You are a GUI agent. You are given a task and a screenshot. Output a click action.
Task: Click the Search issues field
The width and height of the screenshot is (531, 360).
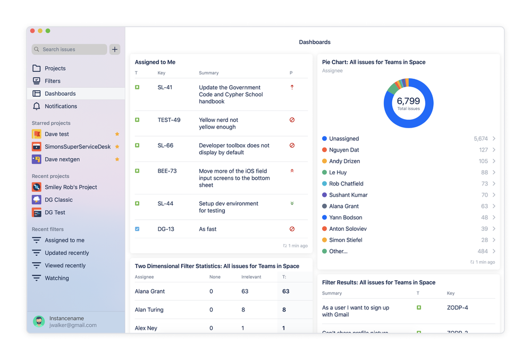tap(69, 49)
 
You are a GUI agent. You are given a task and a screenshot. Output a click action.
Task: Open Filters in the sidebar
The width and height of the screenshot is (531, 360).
tap(52, 81)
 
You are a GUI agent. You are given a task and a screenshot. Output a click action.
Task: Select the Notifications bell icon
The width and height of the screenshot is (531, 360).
tap(37, 106)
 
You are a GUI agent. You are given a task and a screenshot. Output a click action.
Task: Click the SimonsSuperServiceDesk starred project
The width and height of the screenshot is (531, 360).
tap(77, 147)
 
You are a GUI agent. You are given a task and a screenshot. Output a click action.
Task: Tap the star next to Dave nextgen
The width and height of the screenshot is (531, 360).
tap(117, 160)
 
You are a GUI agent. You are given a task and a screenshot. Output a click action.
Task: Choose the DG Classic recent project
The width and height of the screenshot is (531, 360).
tap(58, 200)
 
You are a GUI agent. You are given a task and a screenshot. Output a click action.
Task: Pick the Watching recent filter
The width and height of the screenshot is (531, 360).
tap(56, 278)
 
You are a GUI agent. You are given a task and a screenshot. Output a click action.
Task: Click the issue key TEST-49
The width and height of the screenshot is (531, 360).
tap(168, 120)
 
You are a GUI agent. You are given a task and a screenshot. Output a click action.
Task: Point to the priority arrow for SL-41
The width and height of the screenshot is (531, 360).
tap(292, 87)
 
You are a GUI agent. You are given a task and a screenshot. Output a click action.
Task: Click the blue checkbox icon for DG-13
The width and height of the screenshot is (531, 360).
tap(137, 229)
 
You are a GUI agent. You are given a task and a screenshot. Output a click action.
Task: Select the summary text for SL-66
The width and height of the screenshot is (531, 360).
tap(234, 149)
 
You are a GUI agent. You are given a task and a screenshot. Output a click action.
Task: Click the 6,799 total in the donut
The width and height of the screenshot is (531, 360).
tap(408, 101)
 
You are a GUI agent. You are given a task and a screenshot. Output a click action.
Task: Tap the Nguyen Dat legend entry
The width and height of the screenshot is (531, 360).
tap(344, 150)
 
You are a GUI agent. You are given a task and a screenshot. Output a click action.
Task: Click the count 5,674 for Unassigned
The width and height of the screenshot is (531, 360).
tap(481, 139)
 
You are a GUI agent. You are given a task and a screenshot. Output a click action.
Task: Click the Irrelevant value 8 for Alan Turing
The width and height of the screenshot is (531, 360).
tap(243, 309)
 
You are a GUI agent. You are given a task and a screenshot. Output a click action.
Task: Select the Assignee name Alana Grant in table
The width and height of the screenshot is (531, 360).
tap(150, 291)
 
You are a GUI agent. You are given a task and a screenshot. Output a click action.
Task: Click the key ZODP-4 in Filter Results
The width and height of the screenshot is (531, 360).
tap(457, 307)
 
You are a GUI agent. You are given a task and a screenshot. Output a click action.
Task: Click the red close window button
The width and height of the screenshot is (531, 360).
tap(32, 31)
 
